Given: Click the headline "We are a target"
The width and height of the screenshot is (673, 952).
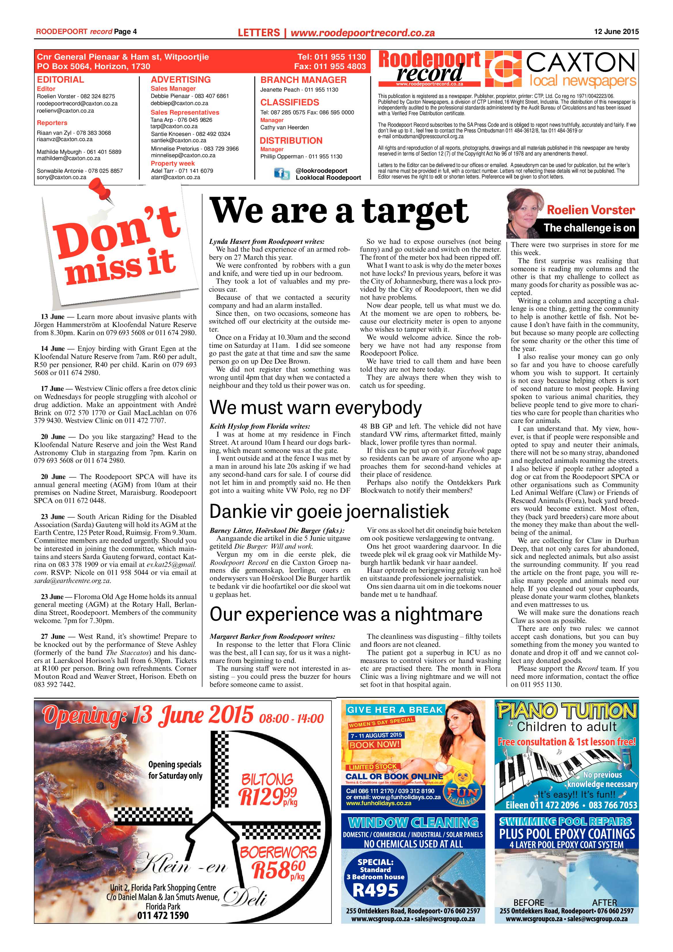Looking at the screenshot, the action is pyautogui.click(x=339, y=211).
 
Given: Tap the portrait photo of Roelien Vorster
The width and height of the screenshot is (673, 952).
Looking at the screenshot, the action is pyautogui.click(x=524, y=213).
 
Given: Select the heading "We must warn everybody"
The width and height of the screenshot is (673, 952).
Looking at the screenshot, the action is pyautogui.click(x=315, y=408).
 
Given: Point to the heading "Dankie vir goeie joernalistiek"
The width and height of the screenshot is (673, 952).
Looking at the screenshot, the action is pyautogui.click(x=329, y=511).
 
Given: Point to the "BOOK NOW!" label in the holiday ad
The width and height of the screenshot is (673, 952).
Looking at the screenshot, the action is pyautogui.click(x=375, y=744).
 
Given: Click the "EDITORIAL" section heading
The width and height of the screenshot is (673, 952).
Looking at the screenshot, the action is pyautogui.click(x=60, y=80).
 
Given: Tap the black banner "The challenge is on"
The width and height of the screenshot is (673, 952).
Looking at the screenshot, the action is pyautogui.click(x=589, y=228).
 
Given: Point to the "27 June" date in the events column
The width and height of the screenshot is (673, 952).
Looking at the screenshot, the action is pyautogui.click(x=53, y=636).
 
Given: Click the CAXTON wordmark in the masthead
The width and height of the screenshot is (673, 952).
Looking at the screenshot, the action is pyautogui.click(x=580, y=63).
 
